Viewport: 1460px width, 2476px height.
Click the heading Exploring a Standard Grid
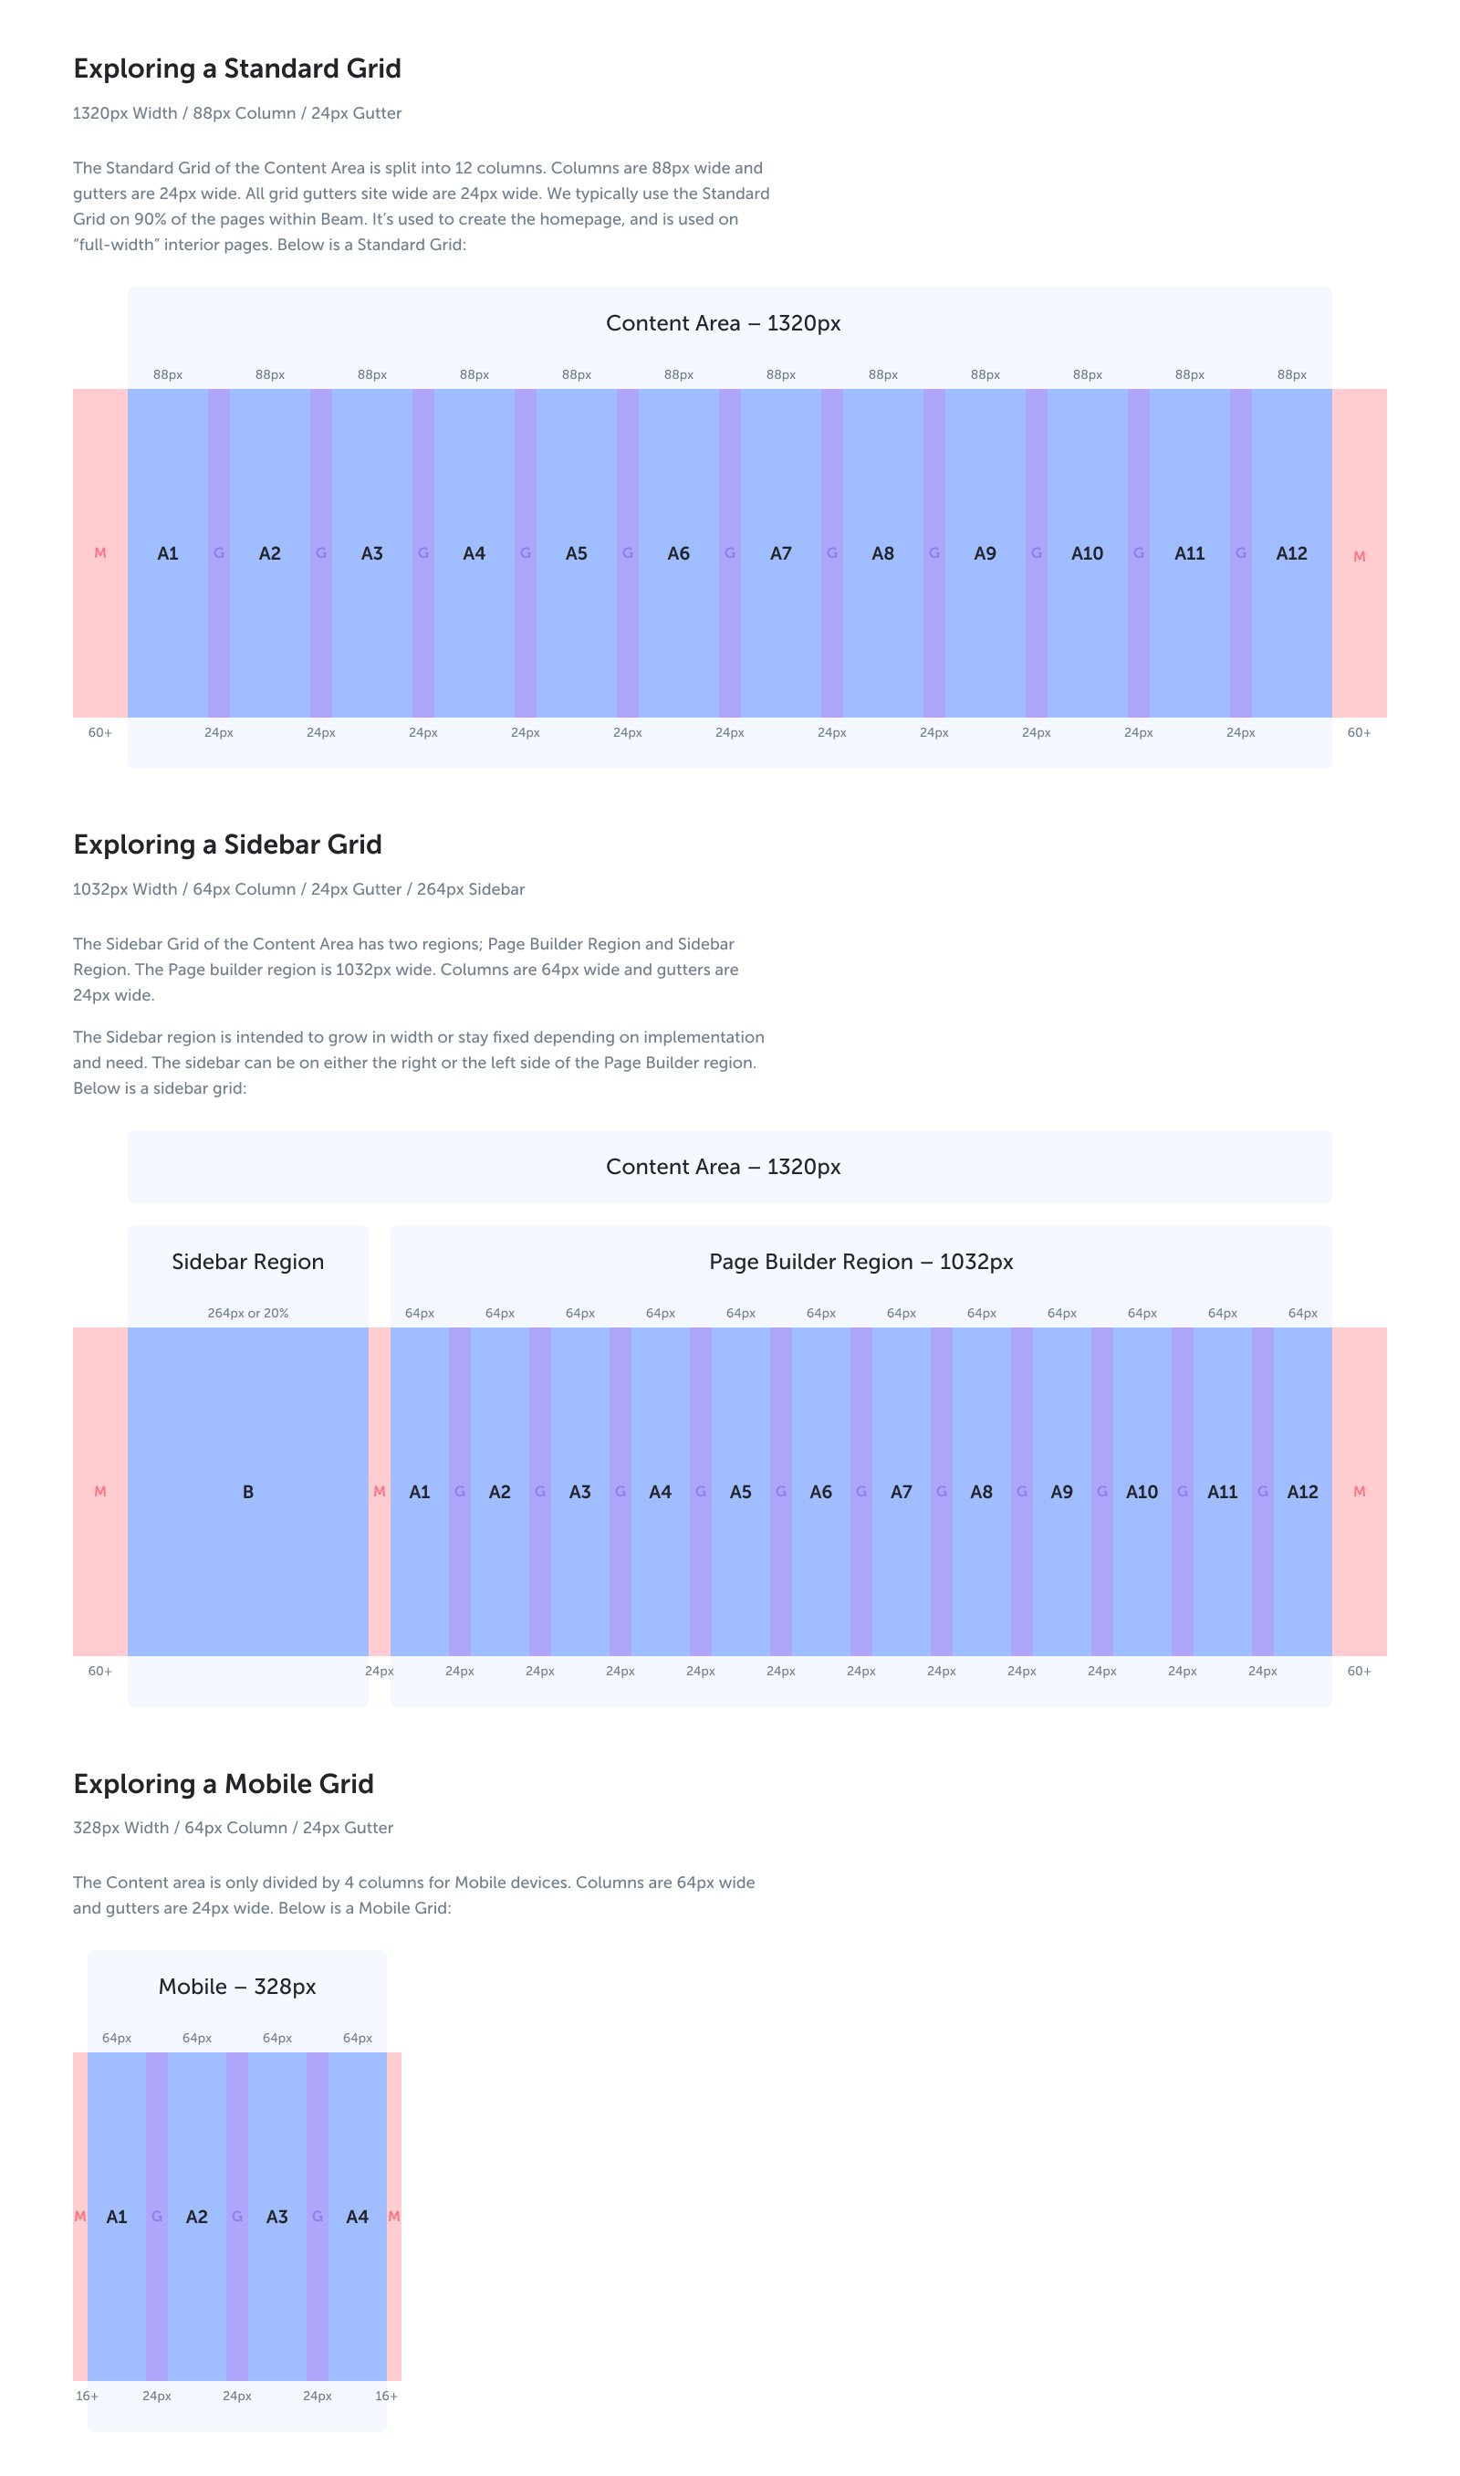[237, 68]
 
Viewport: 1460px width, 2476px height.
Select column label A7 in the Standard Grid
[780, 554]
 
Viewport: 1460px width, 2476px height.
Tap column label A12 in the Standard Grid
[1291, 554]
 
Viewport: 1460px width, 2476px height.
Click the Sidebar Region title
[248, 1262]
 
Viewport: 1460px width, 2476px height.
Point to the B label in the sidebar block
[248, 1492]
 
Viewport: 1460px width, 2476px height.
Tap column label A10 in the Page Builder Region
[1142, 1492]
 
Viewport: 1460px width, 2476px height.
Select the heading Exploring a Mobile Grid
[224, 1784]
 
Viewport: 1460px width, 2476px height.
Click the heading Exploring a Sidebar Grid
[227, 845]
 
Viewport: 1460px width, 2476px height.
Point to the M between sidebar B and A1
[380, 1492]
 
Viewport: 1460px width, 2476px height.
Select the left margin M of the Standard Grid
[100, 554]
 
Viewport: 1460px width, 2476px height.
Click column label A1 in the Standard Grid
[168, 554]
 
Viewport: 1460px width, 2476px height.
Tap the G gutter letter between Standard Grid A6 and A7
[730, 554]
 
